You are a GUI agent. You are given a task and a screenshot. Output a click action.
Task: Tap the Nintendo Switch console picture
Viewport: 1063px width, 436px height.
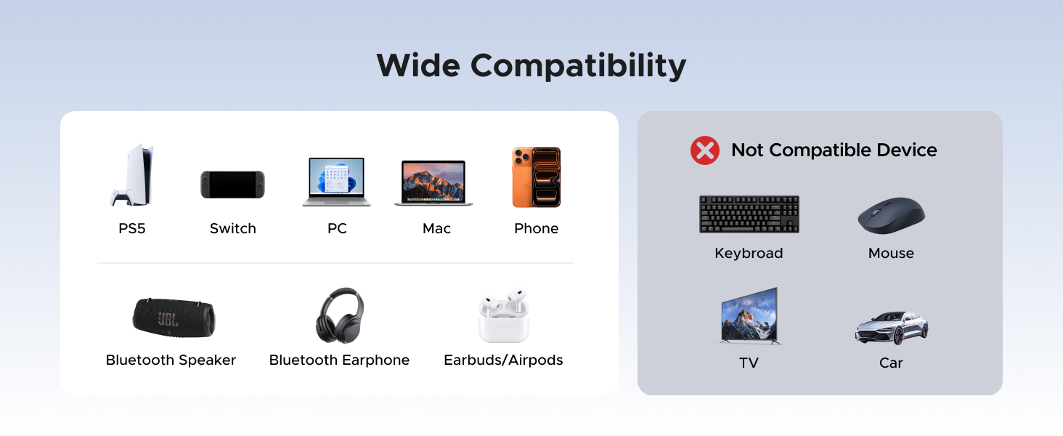click(x=232, y=185)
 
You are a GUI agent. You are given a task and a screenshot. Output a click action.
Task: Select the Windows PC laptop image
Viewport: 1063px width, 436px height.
click(x=336, y=182)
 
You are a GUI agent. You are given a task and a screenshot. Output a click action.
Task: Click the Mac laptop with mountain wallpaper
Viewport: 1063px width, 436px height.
click(x=433, y=183)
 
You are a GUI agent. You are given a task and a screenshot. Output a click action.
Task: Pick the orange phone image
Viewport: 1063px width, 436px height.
click(x=537, y=177)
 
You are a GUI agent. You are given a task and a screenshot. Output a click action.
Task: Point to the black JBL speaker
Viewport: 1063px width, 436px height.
click(x=174, y=317)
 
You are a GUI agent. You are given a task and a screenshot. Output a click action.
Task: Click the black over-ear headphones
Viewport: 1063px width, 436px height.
click(x=339, y=315)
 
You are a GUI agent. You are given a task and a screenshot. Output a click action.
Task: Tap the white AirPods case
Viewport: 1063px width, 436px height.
click(x=504, y=318)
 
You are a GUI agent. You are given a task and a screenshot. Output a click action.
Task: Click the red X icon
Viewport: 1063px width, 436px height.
click(x=704, y=150)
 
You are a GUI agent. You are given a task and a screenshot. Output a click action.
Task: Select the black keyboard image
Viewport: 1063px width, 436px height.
click(x=749, y=214)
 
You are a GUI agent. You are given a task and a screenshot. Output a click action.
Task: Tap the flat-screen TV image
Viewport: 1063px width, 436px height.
click(x=749, y=316)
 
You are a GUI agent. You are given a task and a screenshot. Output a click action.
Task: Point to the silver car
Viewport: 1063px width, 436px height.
click(x=891, y=327)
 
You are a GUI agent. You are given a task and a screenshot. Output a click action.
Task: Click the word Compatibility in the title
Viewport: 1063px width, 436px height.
click(x=578, y=66)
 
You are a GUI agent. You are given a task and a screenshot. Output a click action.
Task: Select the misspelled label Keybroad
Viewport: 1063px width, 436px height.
click(x=749, y=254)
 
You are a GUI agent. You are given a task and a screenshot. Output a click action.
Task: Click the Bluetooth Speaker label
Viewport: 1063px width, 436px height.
click(x=171, y=360)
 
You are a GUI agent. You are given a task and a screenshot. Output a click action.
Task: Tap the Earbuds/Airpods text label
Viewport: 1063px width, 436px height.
click(x=503, y=360)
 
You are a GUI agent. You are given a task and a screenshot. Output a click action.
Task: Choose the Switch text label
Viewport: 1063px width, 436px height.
click(x=232, y=229)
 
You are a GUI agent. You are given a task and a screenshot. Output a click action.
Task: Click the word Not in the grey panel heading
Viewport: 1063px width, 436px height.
click(x=746, y=150)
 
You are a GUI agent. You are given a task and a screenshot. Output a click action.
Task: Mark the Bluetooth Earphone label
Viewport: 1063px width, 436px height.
click(x=339, y=360)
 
